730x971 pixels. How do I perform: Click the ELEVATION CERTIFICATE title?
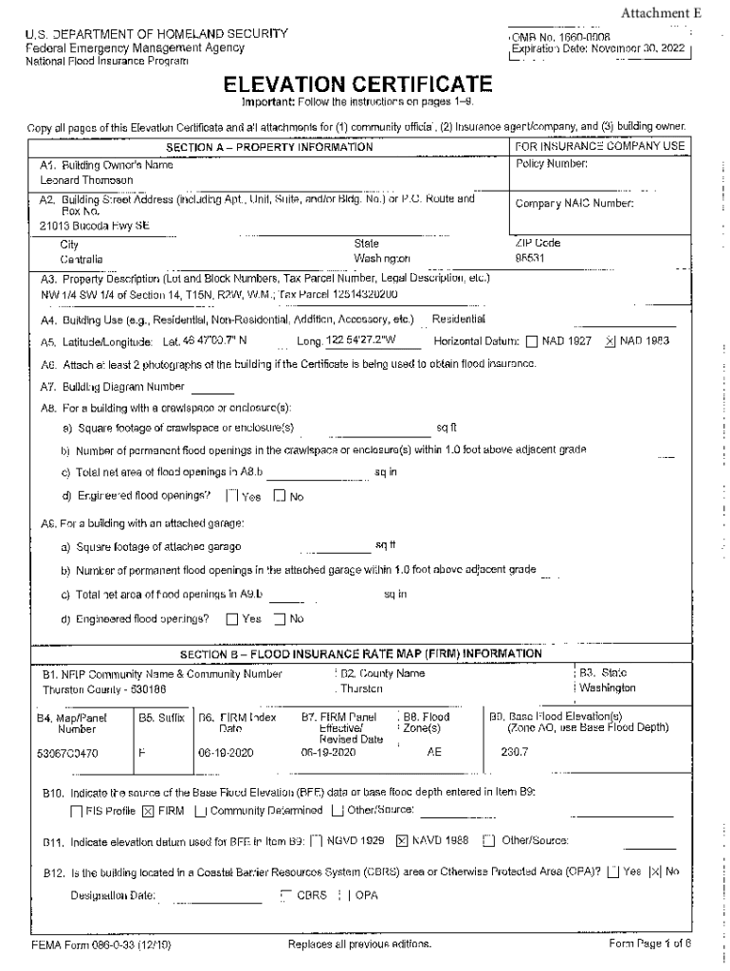click(x=364, y=85)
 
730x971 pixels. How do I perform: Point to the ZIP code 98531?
click(x=531, y=258)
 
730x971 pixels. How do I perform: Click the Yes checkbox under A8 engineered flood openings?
click(x=231, y=496)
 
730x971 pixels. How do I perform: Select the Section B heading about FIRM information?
click(x=361, y=654)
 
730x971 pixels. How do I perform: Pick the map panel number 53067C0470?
click(x=78, y=754)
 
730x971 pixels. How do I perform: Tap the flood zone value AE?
click(x=434, y=754)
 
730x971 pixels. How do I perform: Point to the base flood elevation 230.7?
click(x=514, y=754)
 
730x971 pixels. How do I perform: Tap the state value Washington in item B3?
click(x=607, y=688)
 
